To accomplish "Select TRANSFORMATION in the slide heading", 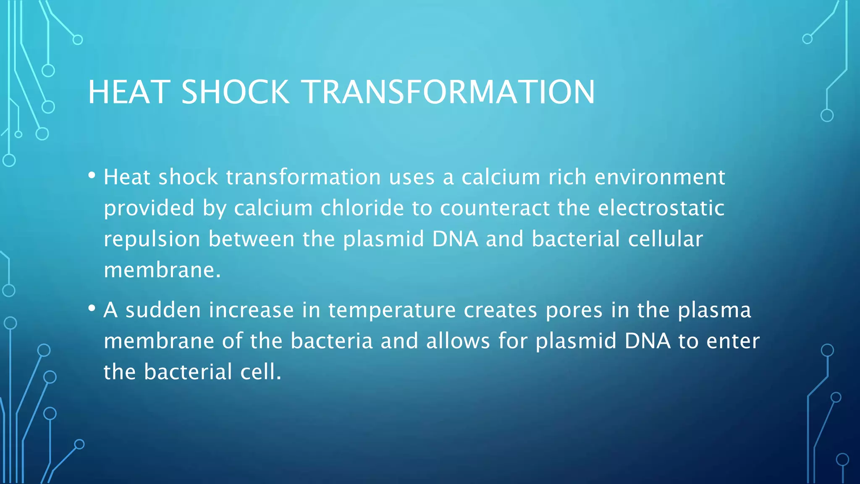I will point(448,92).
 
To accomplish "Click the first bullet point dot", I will point(92,175).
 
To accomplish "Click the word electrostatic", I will point(661,208).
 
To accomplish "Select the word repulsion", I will point(152,239).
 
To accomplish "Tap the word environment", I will point(660,177).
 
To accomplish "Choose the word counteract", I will point(495,208).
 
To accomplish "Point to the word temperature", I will point(392,311).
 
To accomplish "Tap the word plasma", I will point(714,311).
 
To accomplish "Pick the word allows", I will point(458,341).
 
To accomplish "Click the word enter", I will point(733,341).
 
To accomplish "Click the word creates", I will point(500,310).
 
